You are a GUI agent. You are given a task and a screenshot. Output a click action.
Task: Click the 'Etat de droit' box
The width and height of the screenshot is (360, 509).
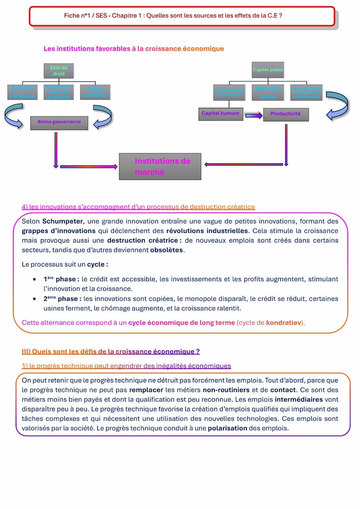59,70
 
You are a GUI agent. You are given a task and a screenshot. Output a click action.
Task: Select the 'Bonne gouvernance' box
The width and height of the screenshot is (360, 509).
59,122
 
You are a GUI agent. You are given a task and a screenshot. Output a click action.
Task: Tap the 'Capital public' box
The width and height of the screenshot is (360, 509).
268,70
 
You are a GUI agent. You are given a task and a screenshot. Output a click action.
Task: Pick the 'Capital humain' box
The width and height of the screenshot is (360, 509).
220,113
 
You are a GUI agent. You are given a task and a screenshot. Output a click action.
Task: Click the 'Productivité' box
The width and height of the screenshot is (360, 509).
285,114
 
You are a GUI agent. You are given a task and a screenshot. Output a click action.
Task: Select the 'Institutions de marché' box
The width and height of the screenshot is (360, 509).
160,166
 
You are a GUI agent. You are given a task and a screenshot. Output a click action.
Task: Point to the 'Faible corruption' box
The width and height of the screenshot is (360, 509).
95,92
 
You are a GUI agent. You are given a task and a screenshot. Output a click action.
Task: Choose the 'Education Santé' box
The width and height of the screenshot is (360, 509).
268,92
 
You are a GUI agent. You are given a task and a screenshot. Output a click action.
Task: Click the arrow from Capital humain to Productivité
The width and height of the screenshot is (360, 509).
253,115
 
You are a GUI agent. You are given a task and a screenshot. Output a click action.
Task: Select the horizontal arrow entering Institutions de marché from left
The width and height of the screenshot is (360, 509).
89,166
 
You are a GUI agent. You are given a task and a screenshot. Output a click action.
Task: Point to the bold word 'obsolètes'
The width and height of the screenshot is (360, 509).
167,250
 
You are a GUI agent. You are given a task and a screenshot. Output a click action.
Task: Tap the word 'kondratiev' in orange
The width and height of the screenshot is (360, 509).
284,323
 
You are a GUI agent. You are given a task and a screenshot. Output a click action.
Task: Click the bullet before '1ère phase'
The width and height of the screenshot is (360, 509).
34,279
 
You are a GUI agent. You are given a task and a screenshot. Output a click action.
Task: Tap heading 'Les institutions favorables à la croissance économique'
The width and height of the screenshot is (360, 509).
133,48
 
